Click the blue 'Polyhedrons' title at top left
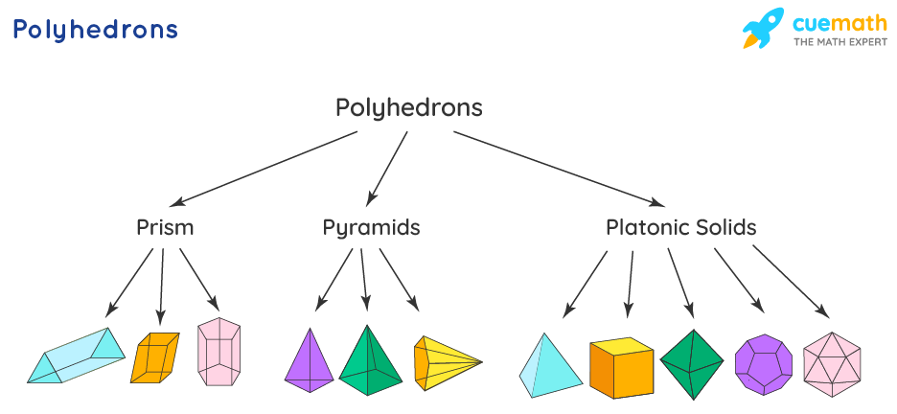click(x=95, y=30)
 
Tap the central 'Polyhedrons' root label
click(x=408, y=107)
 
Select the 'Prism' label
click(x=165, y=228)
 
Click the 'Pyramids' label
click(x=371, y=228)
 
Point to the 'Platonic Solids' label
click(x=680, y=228)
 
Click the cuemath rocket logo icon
click(x=764, y=29)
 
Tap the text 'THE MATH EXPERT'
click(x=839, y=43)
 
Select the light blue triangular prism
click(x=77, y=356)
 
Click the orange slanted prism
click(x=154, y=357)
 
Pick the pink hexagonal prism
click(x=218, y=352)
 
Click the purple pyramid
click(x=309, y=361)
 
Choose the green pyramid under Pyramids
click(x=370, y=362)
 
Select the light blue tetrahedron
click(x=550, y=367)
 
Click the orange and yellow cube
click(x=621, y=367)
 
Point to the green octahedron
click(x=691, y=364)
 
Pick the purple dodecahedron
click(x=763, y=364)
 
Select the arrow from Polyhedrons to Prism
click(x=264, y=169)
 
